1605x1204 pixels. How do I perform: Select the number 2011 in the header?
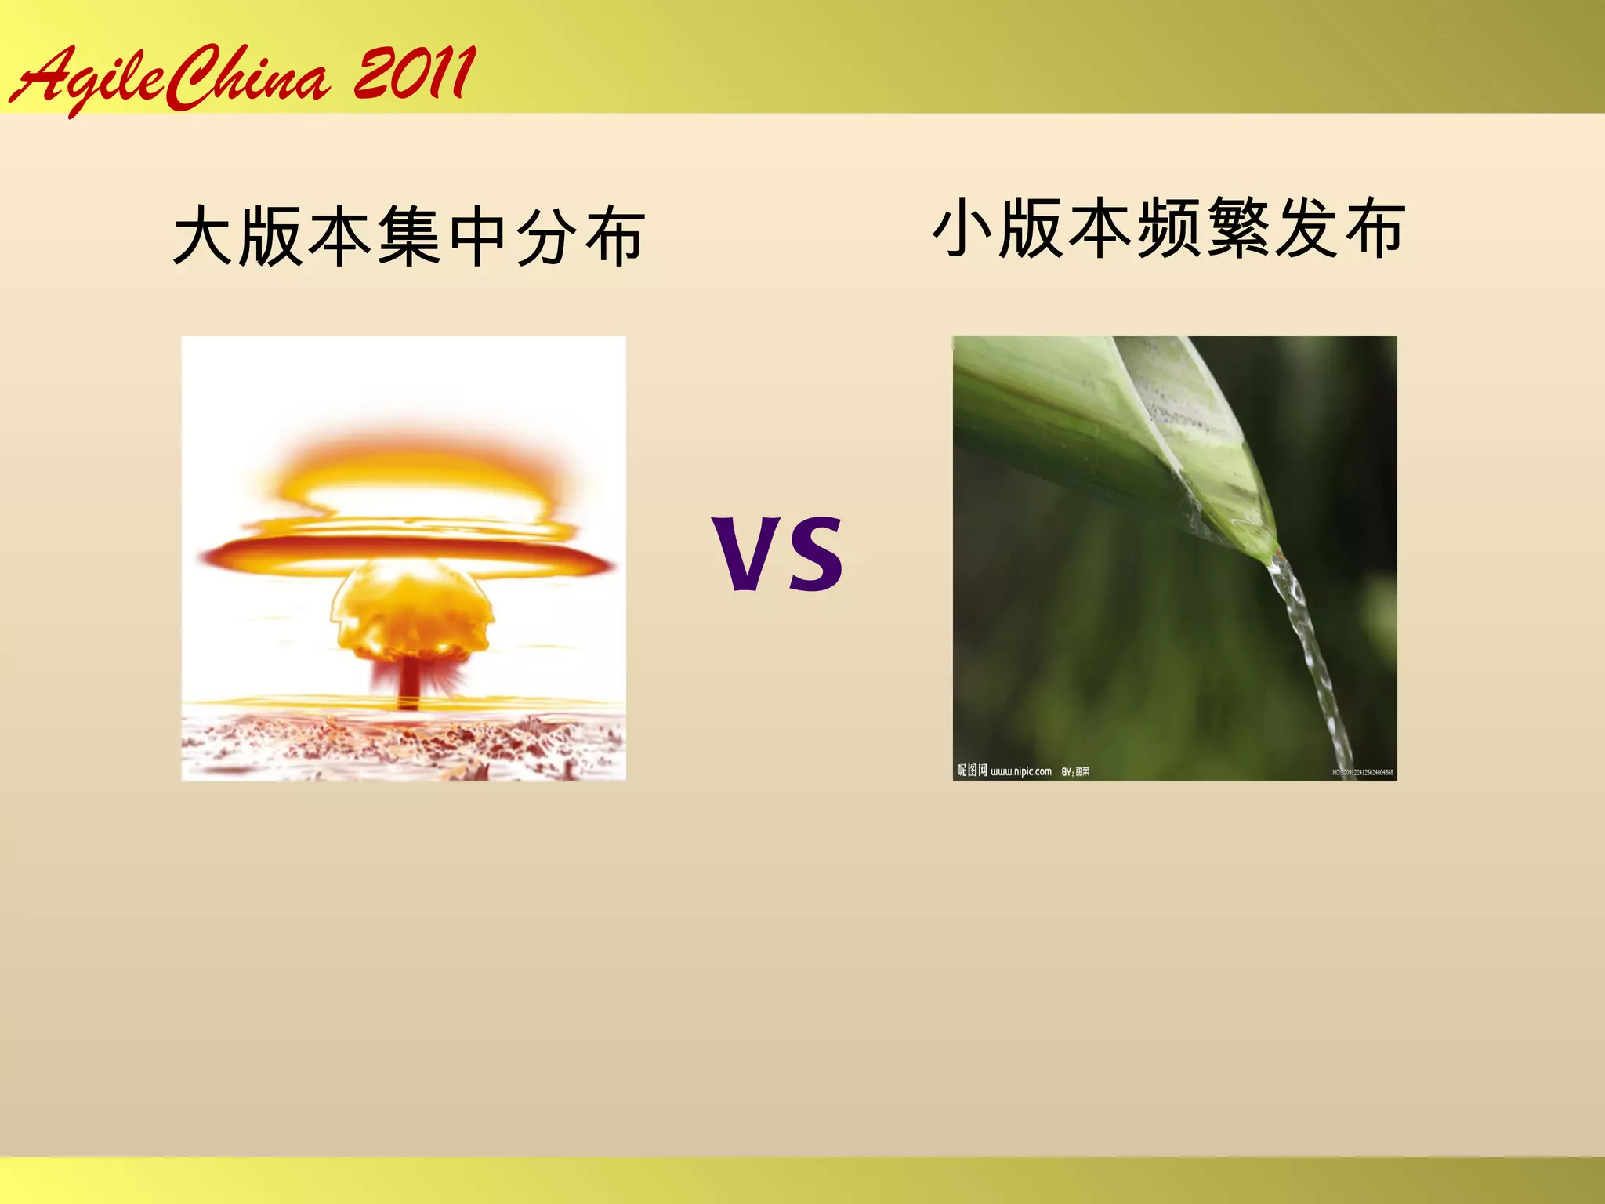point(414,74)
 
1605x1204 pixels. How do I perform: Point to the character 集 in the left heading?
point(408,236)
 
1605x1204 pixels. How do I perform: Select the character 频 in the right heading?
point(1169,227)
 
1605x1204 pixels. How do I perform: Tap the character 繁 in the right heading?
point(1238,227)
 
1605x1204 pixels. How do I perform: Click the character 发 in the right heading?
point(1306,227)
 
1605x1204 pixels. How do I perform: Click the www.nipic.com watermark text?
point(1020,771)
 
